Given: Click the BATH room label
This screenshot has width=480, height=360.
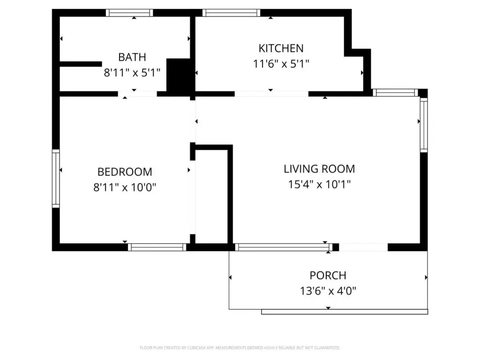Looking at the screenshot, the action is tap(132, 57).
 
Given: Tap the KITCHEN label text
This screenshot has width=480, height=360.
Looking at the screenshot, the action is tap(281, 48).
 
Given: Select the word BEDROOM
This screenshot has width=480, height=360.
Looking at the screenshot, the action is tap(125, 172).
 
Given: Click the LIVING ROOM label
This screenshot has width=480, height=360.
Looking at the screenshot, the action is tap(319, 169).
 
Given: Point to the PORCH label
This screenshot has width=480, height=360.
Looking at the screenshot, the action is tap(328, 276).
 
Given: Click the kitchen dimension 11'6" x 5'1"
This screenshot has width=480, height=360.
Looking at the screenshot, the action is tap(281, 64).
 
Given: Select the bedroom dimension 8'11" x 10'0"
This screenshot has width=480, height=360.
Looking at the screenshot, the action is tap(125, 187).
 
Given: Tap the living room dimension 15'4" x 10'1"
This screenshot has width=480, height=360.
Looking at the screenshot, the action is tap(319, 184).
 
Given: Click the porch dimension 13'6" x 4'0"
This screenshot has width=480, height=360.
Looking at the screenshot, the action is tap(328, 291).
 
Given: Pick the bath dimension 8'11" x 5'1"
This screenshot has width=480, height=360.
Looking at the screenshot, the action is tap(132, 73).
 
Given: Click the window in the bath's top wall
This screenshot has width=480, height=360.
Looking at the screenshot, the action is tap(129, 13).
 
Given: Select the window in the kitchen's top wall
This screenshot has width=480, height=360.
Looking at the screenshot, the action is tap(231, 13).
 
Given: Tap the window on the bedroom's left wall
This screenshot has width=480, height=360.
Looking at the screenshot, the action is tap(56, 179).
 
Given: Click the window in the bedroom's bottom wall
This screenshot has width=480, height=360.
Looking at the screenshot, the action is tap(157, 247).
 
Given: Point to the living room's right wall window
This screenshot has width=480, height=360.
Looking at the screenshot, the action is tap(424, 125).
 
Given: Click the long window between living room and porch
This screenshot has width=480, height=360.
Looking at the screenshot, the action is tap(284, 247).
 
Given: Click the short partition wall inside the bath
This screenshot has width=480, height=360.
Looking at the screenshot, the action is tap(81, 64).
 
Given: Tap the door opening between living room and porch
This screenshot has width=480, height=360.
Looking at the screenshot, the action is tap(363, 247).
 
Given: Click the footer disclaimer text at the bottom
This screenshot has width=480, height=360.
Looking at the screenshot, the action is tap(240, 348).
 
